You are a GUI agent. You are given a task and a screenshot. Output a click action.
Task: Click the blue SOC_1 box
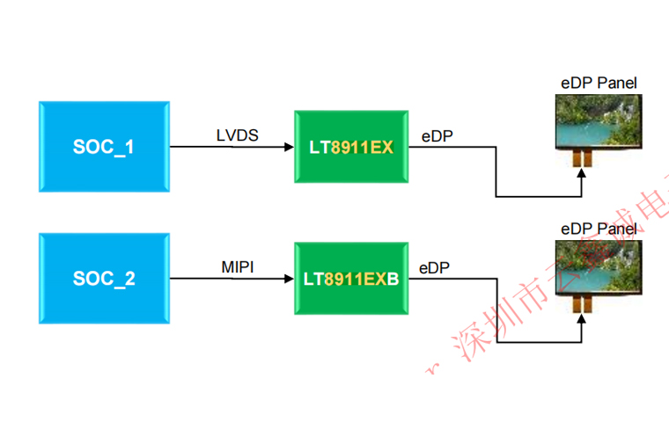point(104,147)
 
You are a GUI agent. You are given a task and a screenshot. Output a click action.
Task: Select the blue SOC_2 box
point(104,279)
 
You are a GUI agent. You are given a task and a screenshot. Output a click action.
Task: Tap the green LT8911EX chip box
point(350,147)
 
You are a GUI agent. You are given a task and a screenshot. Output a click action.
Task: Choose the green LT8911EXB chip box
point(350,279)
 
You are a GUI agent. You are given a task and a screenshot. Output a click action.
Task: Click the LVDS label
point(238,135)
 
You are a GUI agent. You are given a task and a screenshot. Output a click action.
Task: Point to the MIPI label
point(238,266)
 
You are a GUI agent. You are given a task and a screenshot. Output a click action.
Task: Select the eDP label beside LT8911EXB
point(435,267)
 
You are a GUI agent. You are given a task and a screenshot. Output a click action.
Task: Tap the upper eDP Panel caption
point(599,84)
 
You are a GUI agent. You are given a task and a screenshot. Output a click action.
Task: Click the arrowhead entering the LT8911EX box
point(288,148)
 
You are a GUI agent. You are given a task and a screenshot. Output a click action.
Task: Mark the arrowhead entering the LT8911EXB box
point(288,279)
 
